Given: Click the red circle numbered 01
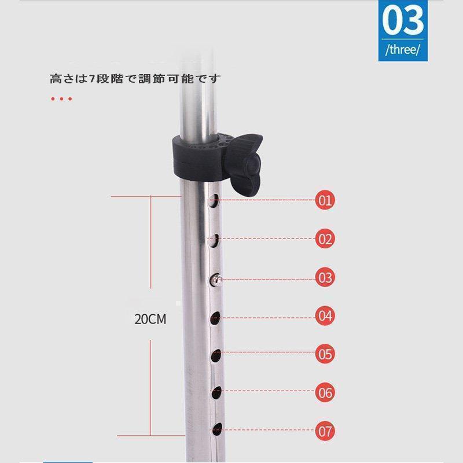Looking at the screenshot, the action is pos(325,200).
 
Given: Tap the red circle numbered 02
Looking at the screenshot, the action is pos(325,238).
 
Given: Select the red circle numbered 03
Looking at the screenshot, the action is pos(325,277).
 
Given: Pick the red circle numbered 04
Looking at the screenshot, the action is pos(325,315).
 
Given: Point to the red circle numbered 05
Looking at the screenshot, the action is pos(325,354).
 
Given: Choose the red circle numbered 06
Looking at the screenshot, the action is pos(325,392).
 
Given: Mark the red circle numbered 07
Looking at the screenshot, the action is pos(325,431).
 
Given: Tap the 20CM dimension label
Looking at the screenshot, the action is pos(150,319).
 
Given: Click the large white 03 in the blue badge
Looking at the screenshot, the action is pos(403,21).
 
